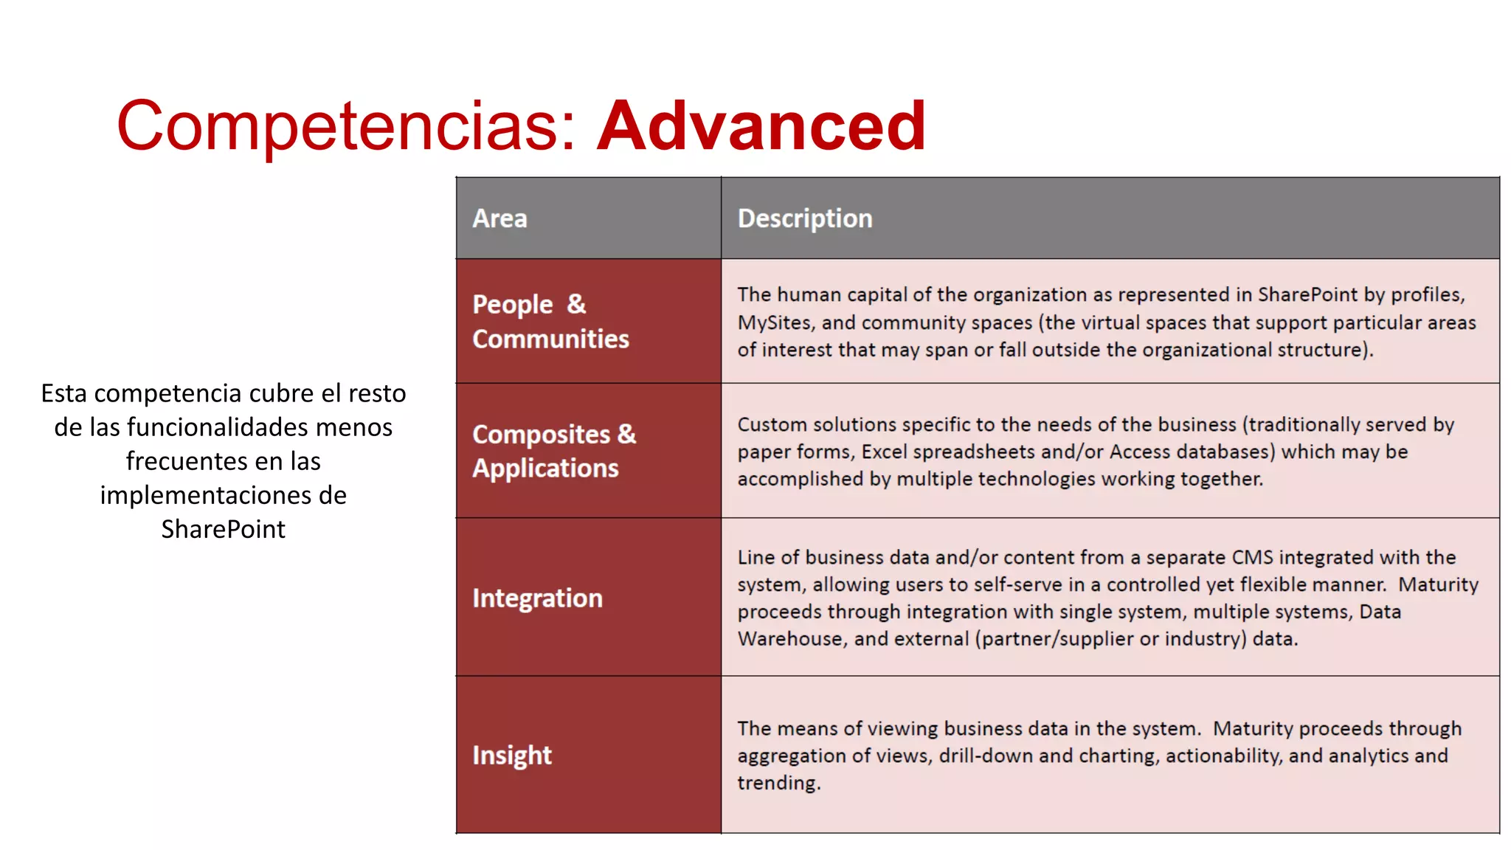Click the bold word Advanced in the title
(761, 126)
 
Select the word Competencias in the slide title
(336, 126)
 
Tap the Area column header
(499, 218)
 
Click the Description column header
(804, 218)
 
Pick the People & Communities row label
(550, 321)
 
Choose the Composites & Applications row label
(553, 451)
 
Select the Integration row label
(537, 598)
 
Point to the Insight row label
(511, 756)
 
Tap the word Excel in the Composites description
(884, 452)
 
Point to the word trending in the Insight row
(778, 783)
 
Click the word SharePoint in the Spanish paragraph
(223, 529)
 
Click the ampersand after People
(576, 304)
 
